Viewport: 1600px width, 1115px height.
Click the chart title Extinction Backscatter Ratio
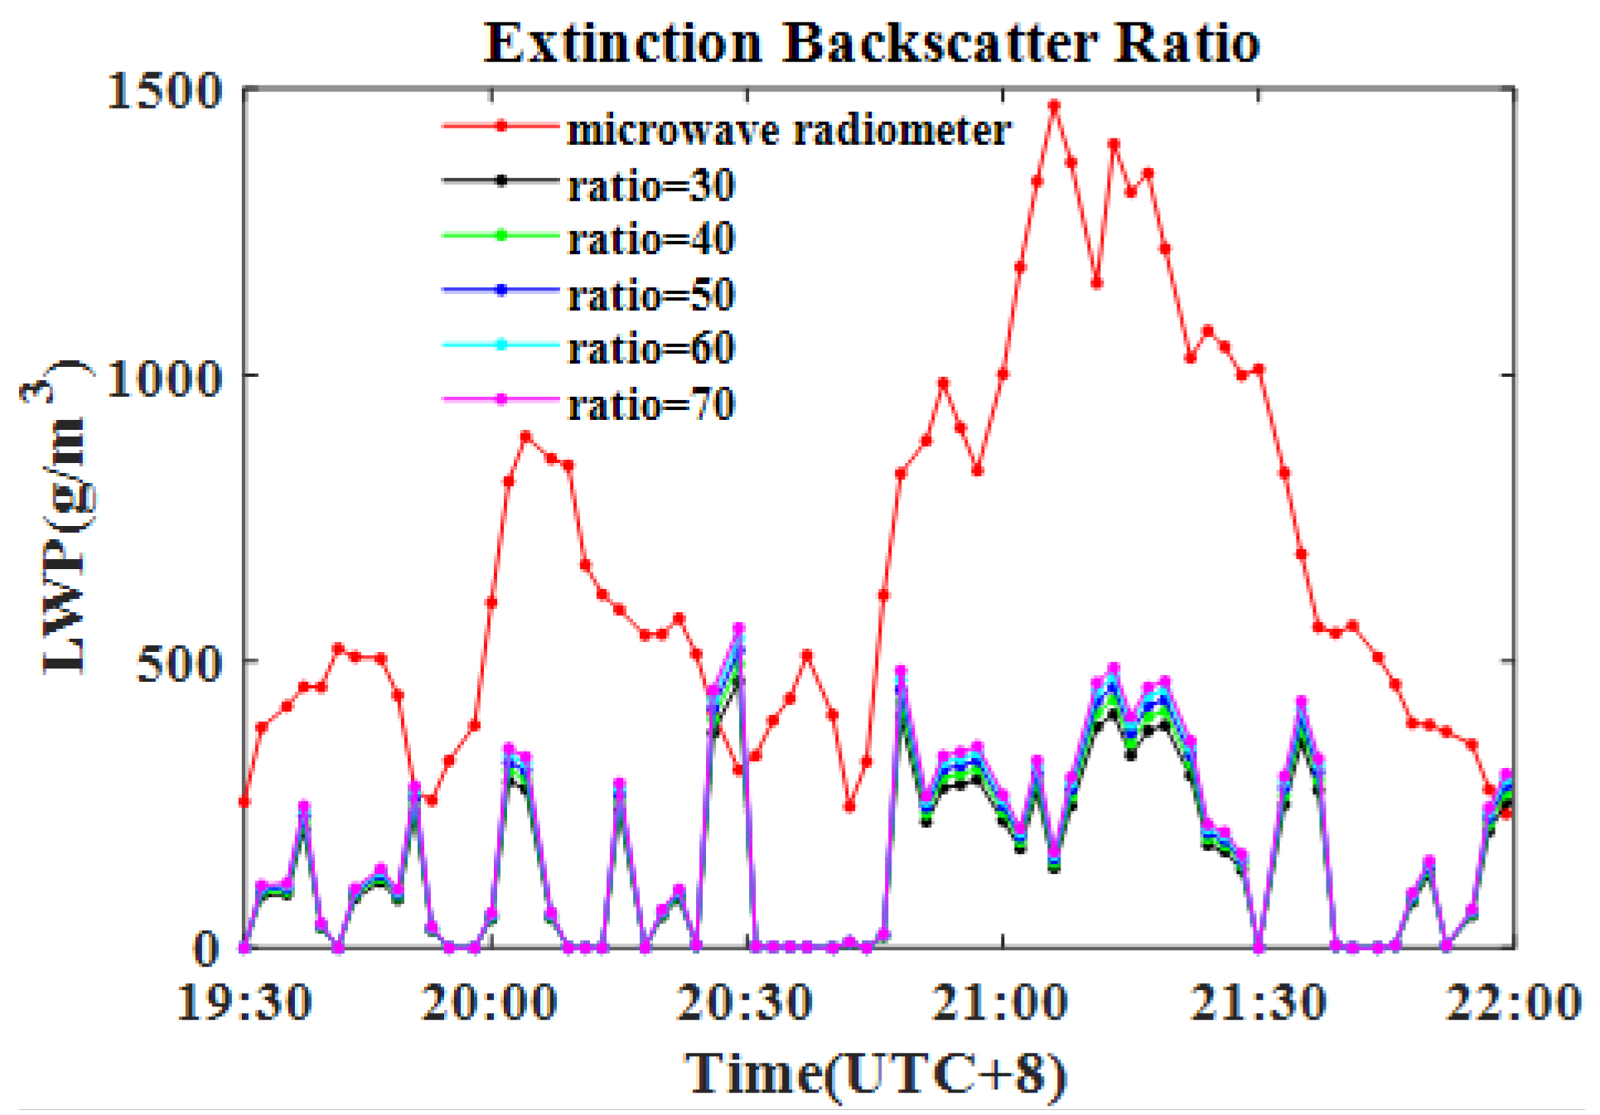click(872, 43)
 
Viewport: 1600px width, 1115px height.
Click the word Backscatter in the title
click(940, 43)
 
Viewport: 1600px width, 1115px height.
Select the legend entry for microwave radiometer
click(788, 131)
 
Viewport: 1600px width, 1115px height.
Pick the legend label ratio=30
click(651, 186)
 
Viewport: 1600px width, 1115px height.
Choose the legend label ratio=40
click(651, 239)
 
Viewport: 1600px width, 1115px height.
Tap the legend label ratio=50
click(651, 295)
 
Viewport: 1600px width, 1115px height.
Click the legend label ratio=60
click(651, 349)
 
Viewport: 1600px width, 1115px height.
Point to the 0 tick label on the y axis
click(207, 949)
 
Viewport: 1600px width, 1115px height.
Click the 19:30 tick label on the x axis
click(244, 1003)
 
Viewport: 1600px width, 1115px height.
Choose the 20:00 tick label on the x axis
click(490, 1003)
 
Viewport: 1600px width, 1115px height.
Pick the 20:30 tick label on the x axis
click(745, 1003)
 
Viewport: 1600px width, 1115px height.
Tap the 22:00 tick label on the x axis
click(1513, 1003)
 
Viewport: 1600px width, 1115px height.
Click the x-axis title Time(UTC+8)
click(876, 1074)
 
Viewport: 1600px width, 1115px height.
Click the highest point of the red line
click(1054, 106)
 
